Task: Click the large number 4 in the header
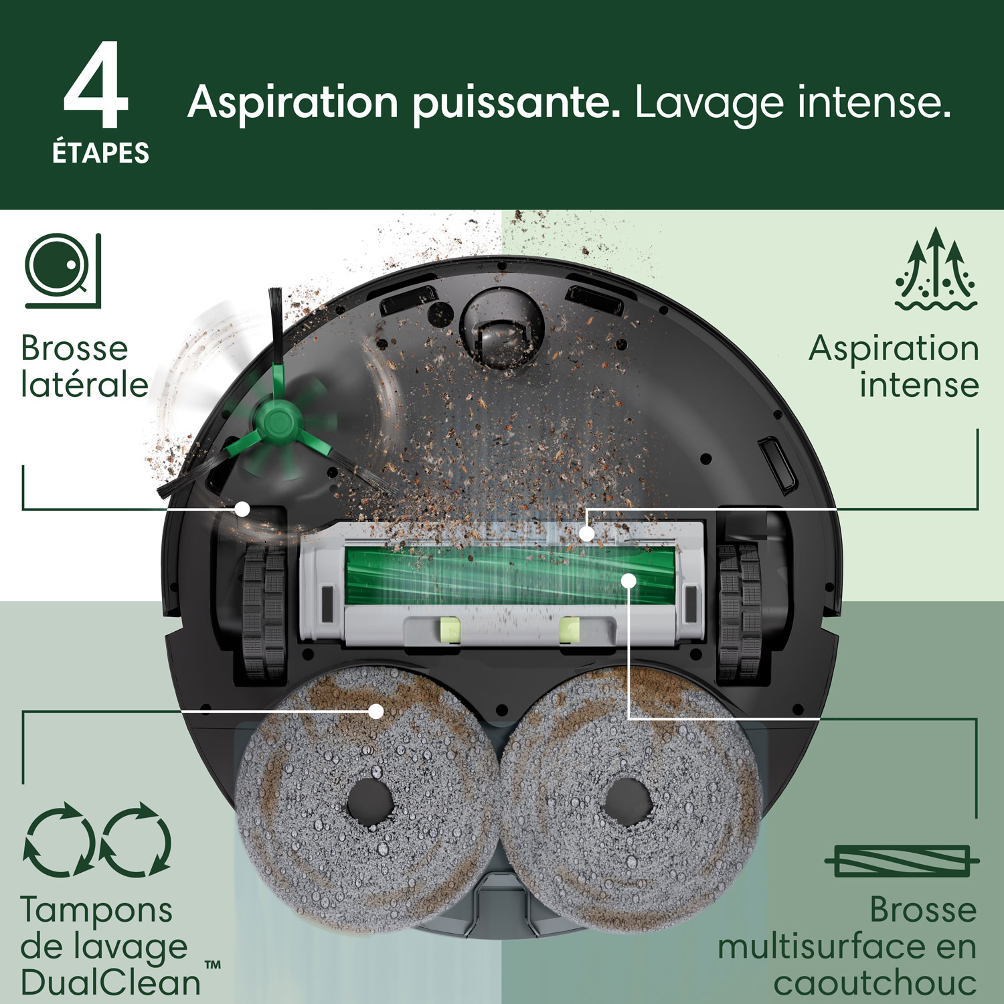[96, 86]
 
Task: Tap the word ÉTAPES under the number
[100, 153]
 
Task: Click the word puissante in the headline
[515, 104]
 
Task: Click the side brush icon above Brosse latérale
[63, 270]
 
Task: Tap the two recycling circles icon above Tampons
[98, 839]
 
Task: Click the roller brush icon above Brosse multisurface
[902, 861]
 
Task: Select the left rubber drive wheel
[263, 608]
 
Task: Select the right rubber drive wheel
[740, 608]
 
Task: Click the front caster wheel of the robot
[501, 333]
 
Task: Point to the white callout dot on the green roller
[628, 580]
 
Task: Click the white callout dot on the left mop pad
[377, 711]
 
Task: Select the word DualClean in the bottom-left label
[111, 983]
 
